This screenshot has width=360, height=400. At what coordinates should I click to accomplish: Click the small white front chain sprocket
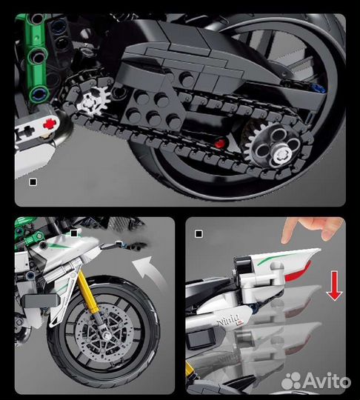coord(92,103)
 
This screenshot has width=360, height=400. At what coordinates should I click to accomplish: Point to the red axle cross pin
coord(50,125)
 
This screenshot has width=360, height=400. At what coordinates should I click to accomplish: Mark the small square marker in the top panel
coord(32,180)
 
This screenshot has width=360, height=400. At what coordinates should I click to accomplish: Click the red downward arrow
coord(335,285)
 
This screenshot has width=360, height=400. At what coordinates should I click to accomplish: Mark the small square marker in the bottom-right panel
coord(198,234)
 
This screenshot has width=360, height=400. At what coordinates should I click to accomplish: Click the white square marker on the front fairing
coord(74,232)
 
